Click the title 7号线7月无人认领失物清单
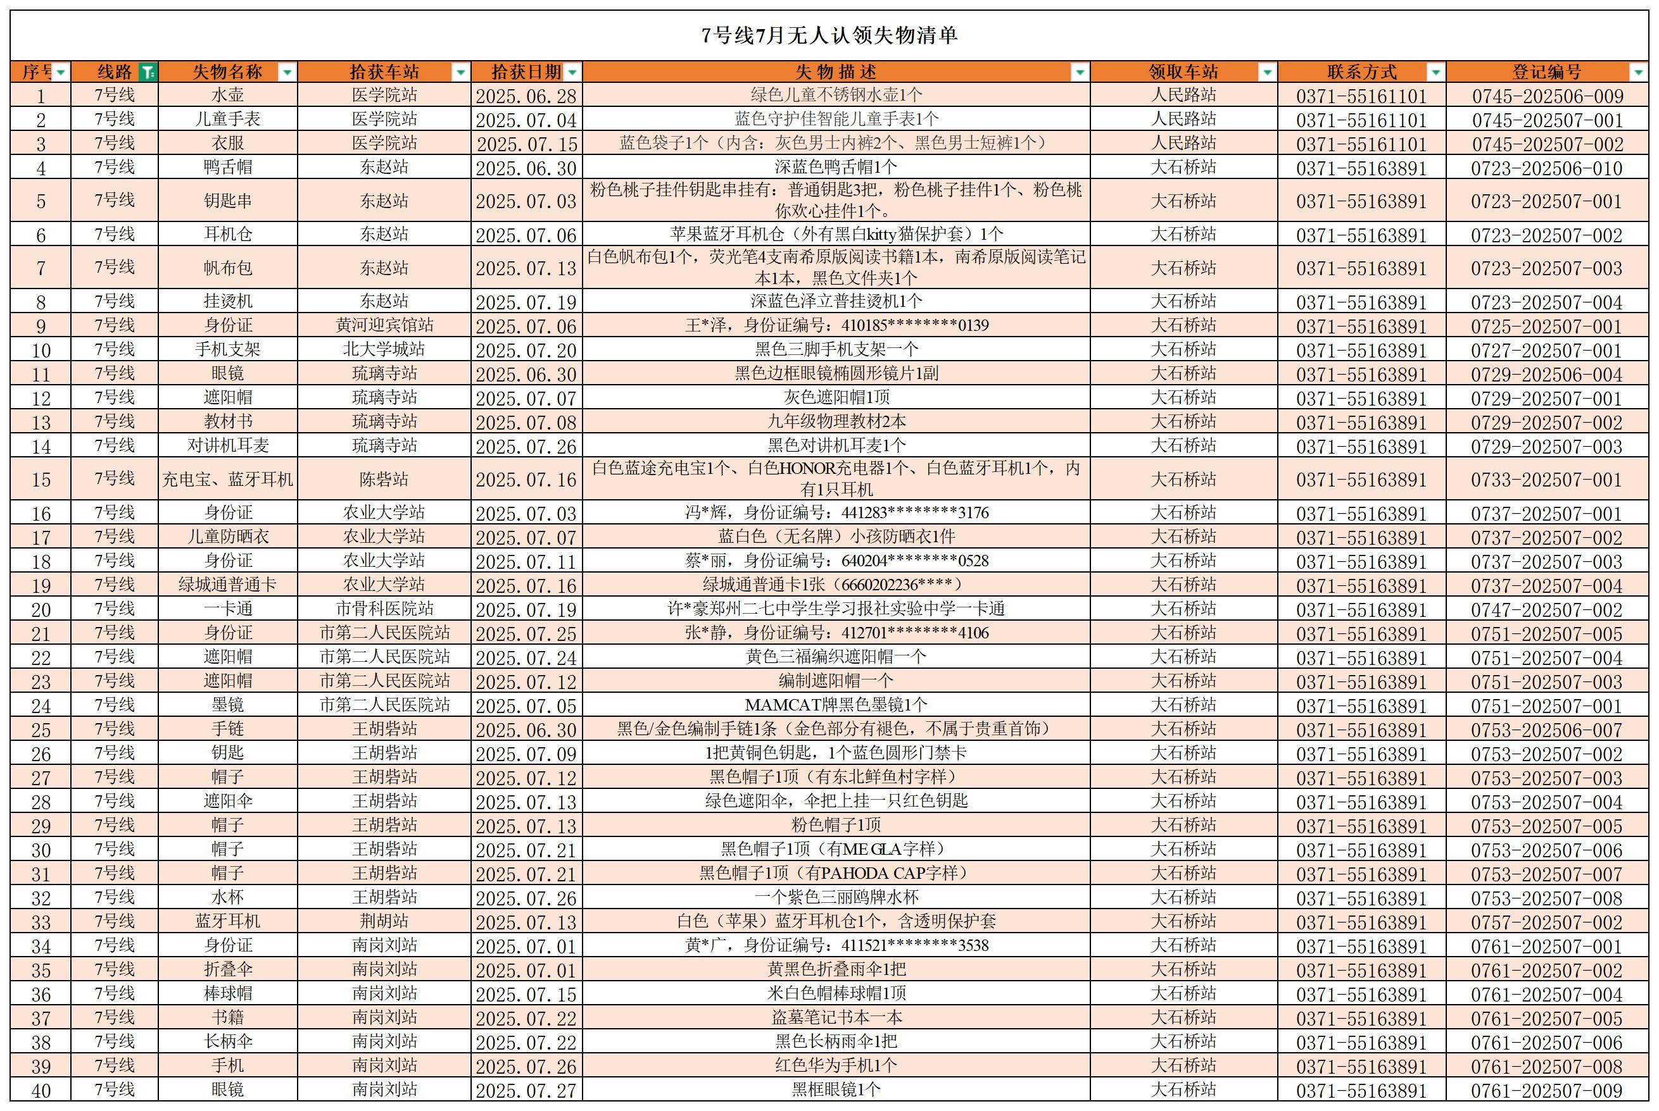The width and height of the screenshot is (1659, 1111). [829, 35]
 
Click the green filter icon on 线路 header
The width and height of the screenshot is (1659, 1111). [148, 72]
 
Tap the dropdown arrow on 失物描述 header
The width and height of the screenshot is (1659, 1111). [1079, 72]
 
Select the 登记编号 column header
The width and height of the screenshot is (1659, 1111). [1546, 72]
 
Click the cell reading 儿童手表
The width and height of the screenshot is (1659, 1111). [227, 119]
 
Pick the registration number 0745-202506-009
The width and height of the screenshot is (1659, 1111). [1546, 96]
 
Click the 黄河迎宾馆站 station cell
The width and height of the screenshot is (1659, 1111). [384, 326]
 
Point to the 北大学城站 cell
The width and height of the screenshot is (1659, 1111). [384, 350]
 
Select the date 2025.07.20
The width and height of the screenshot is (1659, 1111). [526, 351]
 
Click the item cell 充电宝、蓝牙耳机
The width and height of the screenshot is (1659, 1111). [227, 480]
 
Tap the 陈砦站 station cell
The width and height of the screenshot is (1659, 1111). [384, 480]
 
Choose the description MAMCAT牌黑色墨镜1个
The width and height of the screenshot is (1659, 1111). [836, 705]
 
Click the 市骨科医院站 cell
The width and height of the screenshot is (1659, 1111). [384, 609]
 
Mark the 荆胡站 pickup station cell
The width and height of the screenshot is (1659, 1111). [384, 922]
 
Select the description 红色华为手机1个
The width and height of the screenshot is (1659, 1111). [836, 1065]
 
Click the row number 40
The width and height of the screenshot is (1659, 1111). [41, 1091]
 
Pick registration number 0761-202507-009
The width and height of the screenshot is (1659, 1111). [1546, 1091]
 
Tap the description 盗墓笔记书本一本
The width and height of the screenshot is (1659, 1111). [836, 1018]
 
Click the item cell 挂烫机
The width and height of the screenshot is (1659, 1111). [227, 302]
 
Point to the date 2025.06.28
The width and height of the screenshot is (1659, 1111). [526, 96]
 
